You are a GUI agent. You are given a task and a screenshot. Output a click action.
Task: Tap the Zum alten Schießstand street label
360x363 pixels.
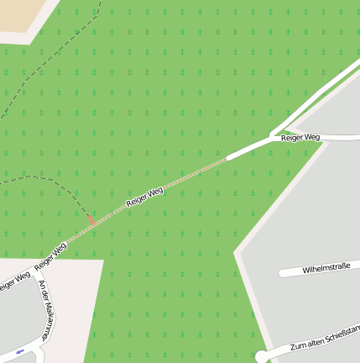[x=324, y=339]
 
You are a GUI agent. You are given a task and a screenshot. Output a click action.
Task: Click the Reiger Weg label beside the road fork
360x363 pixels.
[x=300, y=137]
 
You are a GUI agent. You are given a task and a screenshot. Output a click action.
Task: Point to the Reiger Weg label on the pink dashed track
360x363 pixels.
[x=144, y=197]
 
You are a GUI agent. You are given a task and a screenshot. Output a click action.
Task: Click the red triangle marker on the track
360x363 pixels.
[x=91, y=220]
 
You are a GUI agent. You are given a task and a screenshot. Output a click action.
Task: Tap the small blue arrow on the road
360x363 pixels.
[x=19, y=350]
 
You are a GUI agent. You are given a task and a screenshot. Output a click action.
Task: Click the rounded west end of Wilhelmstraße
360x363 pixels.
[x=283, y=274]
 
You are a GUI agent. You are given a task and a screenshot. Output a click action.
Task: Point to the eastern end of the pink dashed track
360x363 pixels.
[x=226, y=158]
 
